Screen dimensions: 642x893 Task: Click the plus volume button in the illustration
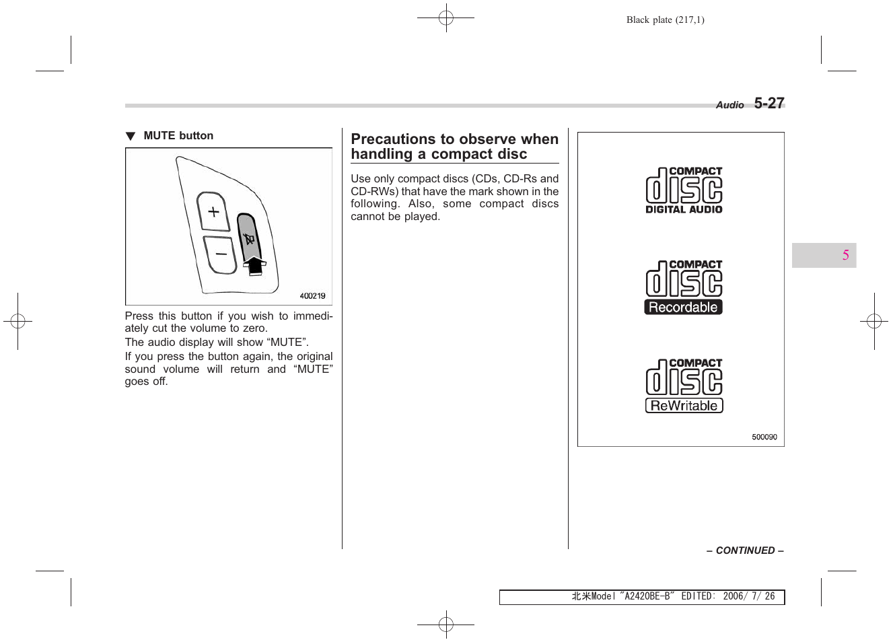click(x=213, y=212)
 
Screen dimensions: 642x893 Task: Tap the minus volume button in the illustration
click(x=221, y=254)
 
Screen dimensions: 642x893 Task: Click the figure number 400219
click(x=312, y=296)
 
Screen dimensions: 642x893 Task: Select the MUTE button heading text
click(x=178, y=136)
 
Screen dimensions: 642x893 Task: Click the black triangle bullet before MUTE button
click(x=131, y=137)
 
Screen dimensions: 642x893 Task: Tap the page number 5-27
click(x=769, y=104)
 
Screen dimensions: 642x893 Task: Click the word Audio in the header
click(x=729, y=105)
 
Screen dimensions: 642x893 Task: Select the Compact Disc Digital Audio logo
click(x=684, y=190)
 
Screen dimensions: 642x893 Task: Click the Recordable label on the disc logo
click(x=683, y=308)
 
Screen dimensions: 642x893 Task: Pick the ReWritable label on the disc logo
click(x=684, y=406)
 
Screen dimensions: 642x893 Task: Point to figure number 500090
click(x=764, y=437)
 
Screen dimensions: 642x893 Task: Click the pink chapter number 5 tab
click(x=845, y=256)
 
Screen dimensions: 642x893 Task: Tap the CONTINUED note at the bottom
click(x=745, y=550)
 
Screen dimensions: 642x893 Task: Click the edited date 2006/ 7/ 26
click(x=748, y=596)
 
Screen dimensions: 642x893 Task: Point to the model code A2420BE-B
click(x=647, y=596)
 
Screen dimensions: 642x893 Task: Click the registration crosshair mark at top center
click(x=445, y=18)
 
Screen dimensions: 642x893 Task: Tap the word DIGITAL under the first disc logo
click(x=665, y=210)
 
